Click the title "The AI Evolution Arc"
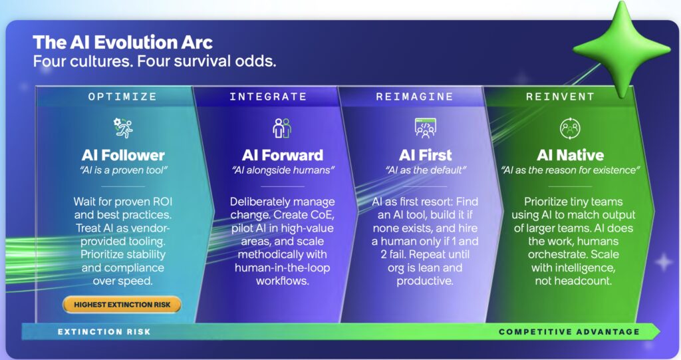click(x=122, y=42)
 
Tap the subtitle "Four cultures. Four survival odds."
click(x=154, y=61)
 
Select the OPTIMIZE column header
click(x=122, y=96)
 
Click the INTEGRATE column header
click(x=268, y=96)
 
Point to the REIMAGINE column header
click(x=414, y=96)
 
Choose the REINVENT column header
click(x=560, y=96)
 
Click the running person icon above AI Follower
click(x=123, y=128)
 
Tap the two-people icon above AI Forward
click(x=282, y=128)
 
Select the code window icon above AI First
click(x=426, y=128)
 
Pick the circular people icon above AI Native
click(x=570, y=128)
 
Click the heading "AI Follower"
click(x=123, y=155)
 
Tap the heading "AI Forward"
click(x=282, y=155)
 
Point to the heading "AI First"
click(x=426, y=155)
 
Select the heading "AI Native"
click(x=570, y=155)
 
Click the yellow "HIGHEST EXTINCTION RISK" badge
click(x=122, y=305)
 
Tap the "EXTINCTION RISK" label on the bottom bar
click(x=104, y=332)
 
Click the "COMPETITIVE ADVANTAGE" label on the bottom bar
click(x=569, y=332)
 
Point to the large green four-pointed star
click(x=622, y=49)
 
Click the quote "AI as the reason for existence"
click(x=570, y=170)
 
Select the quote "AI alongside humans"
click(x=283, y=170)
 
